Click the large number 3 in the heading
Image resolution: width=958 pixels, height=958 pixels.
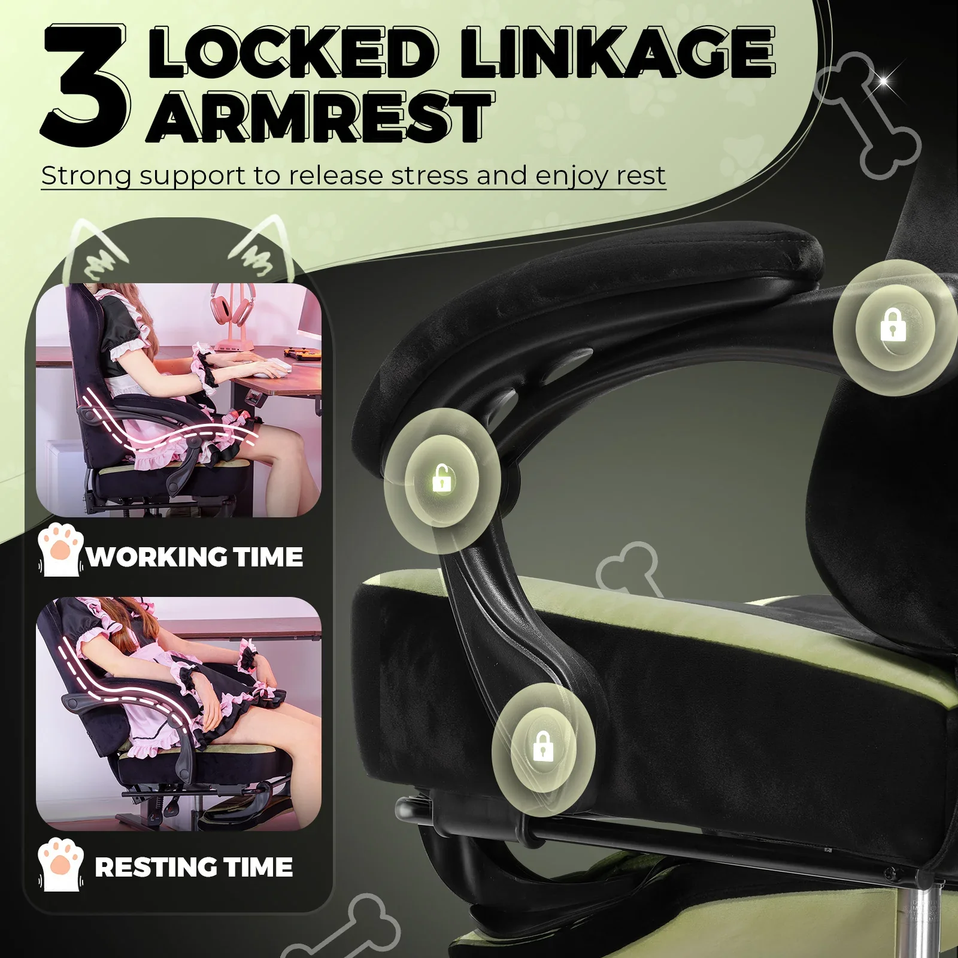pyautogui.click(x=85, y=85)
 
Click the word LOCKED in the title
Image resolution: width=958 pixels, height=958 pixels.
pyautogui.click(x=293, y=53)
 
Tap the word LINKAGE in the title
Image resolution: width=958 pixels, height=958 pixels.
pyautogui.click(x=617, y=53)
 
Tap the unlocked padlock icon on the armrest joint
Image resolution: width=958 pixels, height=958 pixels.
pyautogui.click(x=442, y=478)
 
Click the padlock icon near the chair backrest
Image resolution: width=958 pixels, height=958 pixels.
pyautogui.click(x=893, y=325)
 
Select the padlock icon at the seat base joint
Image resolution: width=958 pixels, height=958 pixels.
pyautogui.click(x=543, y=746)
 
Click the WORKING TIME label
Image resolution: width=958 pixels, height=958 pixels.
pyautogui.click(x=195, y=557)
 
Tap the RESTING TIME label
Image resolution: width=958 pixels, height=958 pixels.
pyautogui.click(x=194, y=867)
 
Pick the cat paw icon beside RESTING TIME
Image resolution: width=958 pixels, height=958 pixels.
pyautogui.click(x=60, y=864)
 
